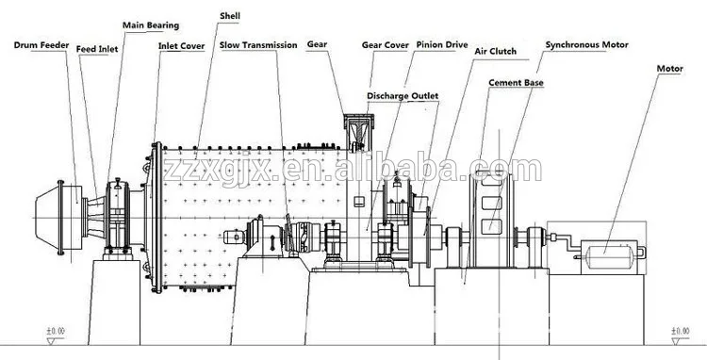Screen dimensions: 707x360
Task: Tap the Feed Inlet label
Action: tap(97, 44)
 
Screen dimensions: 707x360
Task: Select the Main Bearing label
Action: tap(151, 24)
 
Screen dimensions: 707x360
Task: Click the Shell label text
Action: tap(229, 16)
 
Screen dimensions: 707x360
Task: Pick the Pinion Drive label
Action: tap(443, 44)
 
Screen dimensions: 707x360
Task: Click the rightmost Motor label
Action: tap(670, 69)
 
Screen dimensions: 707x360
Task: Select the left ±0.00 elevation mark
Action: tap(58, 332)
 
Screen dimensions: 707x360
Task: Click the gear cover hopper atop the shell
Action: tap(360, 132)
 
